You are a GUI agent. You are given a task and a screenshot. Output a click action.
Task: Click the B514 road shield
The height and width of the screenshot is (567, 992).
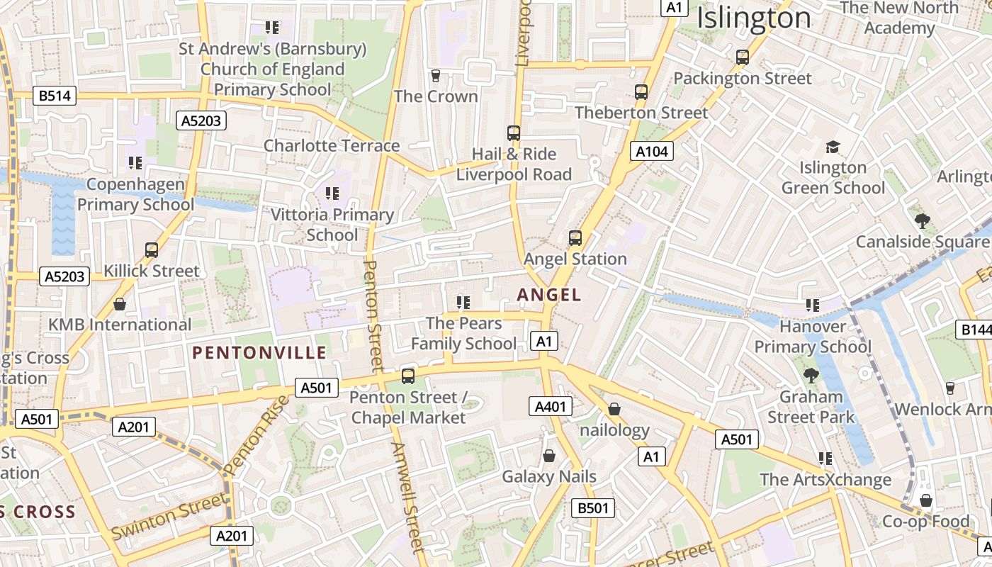click(55, 96)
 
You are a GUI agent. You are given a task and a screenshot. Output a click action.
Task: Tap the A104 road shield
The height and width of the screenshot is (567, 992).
click(652, 151)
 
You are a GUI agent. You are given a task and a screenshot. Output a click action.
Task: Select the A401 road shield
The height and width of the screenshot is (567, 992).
click(550, 406)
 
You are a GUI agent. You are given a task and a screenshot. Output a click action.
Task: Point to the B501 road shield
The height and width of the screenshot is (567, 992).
click(592, 507)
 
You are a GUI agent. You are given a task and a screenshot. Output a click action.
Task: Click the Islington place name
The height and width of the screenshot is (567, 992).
click(753, 18)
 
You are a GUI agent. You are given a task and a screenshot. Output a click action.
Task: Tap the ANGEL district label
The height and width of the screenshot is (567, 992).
click(549, 295)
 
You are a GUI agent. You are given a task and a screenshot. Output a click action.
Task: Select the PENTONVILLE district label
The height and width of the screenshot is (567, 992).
click(259, 352)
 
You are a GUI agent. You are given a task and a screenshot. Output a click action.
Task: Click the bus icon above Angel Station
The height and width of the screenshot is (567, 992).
click(575, 238)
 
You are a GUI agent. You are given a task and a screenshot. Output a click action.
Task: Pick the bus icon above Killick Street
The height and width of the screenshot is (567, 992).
click(151, 249)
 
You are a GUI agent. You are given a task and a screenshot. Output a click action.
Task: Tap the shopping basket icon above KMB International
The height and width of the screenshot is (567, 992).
click(120, 304)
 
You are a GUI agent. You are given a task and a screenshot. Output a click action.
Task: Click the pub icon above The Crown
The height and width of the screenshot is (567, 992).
click(436, 75)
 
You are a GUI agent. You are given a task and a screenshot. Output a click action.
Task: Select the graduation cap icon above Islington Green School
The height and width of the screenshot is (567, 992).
click(833, 147)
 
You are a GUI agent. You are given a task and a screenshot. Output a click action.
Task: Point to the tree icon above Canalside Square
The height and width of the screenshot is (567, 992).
click(922, 220)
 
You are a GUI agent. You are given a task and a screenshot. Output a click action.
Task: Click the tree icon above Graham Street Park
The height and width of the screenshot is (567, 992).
click(811, 375)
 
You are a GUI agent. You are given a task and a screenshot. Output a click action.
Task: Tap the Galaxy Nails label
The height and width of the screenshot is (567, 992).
click(549, 476)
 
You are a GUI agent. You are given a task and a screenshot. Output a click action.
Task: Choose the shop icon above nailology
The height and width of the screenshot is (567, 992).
click(614, 409)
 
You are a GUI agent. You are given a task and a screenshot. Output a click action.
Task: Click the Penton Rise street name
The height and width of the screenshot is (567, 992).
click(257, 435)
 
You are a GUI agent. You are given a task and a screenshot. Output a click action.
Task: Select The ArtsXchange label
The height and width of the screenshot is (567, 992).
click(825, 479)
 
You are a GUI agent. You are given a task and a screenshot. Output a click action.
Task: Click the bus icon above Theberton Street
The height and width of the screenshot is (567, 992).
click(641, 91)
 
